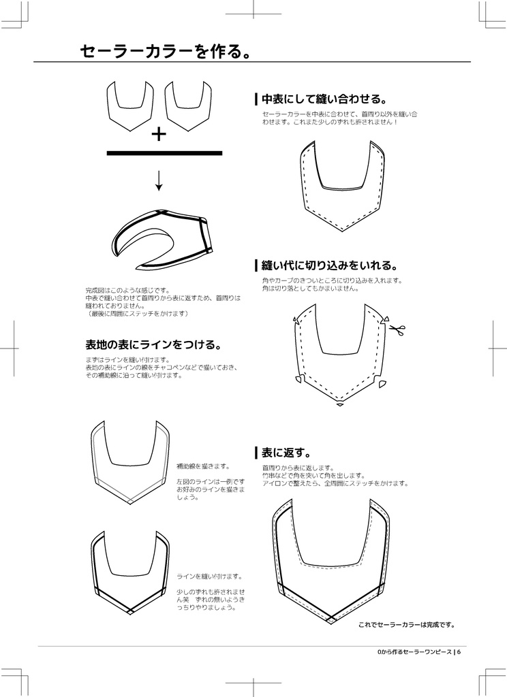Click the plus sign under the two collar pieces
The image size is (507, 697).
159,134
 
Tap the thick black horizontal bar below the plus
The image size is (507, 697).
164,153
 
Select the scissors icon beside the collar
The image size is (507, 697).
397,330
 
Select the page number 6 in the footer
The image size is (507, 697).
459,652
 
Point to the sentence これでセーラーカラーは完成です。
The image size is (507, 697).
406,624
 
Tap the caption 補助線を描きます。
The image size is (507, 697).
203,466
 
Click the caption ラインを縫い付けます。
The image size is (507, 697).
209,576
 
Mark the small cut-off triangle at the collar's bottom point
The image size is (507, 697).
339,405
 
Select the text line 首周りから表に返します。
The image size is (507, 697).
298,468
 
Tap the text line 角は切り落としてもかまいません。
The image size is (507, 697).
310,288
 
